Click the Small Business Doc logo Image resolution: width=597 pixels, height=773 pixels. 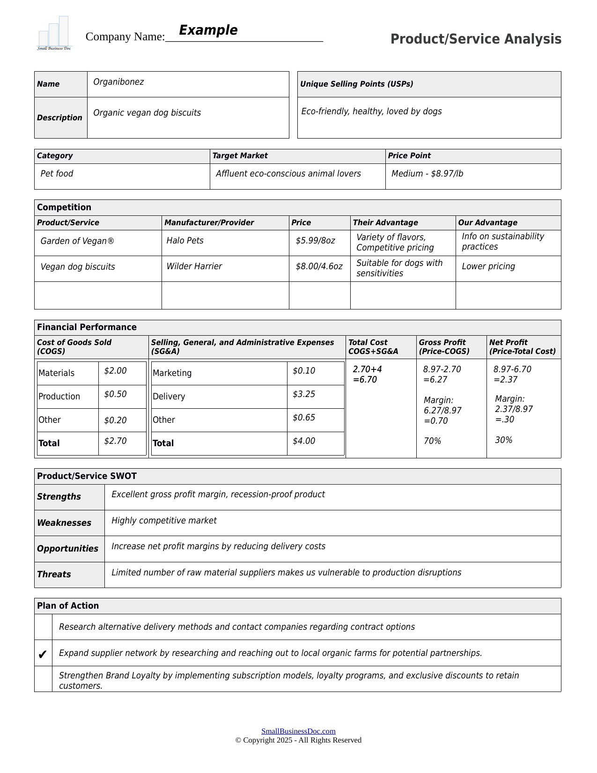(x=54, y=34)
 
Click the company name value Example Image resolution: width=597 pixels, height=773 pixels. (x=208, y=30)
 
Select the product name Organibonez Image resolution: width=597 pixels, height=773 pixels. (x=118, y=82)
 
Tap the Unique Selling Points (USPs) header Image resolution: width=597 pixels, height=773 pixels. (x=357, y=84)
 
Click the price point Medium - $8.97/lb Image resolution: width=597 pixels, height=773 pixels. (x=427, y=174)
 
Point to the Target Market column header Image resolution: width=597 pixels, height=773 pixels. (x=240, y=156)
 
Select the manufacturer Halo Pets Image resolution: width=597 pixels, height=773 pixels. (x=185, y=241)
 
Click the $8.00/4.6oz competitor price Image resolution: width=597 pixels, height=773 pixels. (x=319, y=266)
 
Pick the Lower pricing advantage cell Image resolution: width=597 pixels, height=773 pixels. (x=488, y=266)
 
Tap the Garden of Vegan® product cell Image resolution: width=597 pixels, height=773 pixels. (x=77, y=241)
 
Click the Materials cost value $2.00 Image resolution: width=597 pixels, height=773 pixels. (x=115, y=371)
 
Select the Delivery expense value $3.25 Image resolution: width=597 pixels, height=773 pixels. (x=304, y=394)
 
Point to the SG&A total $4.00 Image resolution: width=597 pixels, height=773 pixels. (x=304, y=441)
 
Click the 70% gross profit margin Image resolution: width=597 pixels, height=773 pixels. (x=432, y=441)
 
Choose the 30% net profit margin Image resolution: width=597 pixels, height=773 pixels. (x=503, y=440)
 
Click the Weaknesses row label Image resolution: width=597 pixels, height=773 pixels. (x=64, y=523)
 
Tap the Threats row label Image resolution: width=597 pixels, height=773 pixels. (x=54, y=574)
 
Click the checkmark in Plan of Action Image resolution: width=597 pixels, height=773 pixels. (x=42, y=654)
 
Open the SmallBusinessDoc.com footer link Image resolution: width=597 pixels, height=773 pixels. (x=298, y=731)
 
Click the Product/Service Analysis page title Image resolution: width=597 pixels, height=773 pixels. (x=476, y=39)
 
